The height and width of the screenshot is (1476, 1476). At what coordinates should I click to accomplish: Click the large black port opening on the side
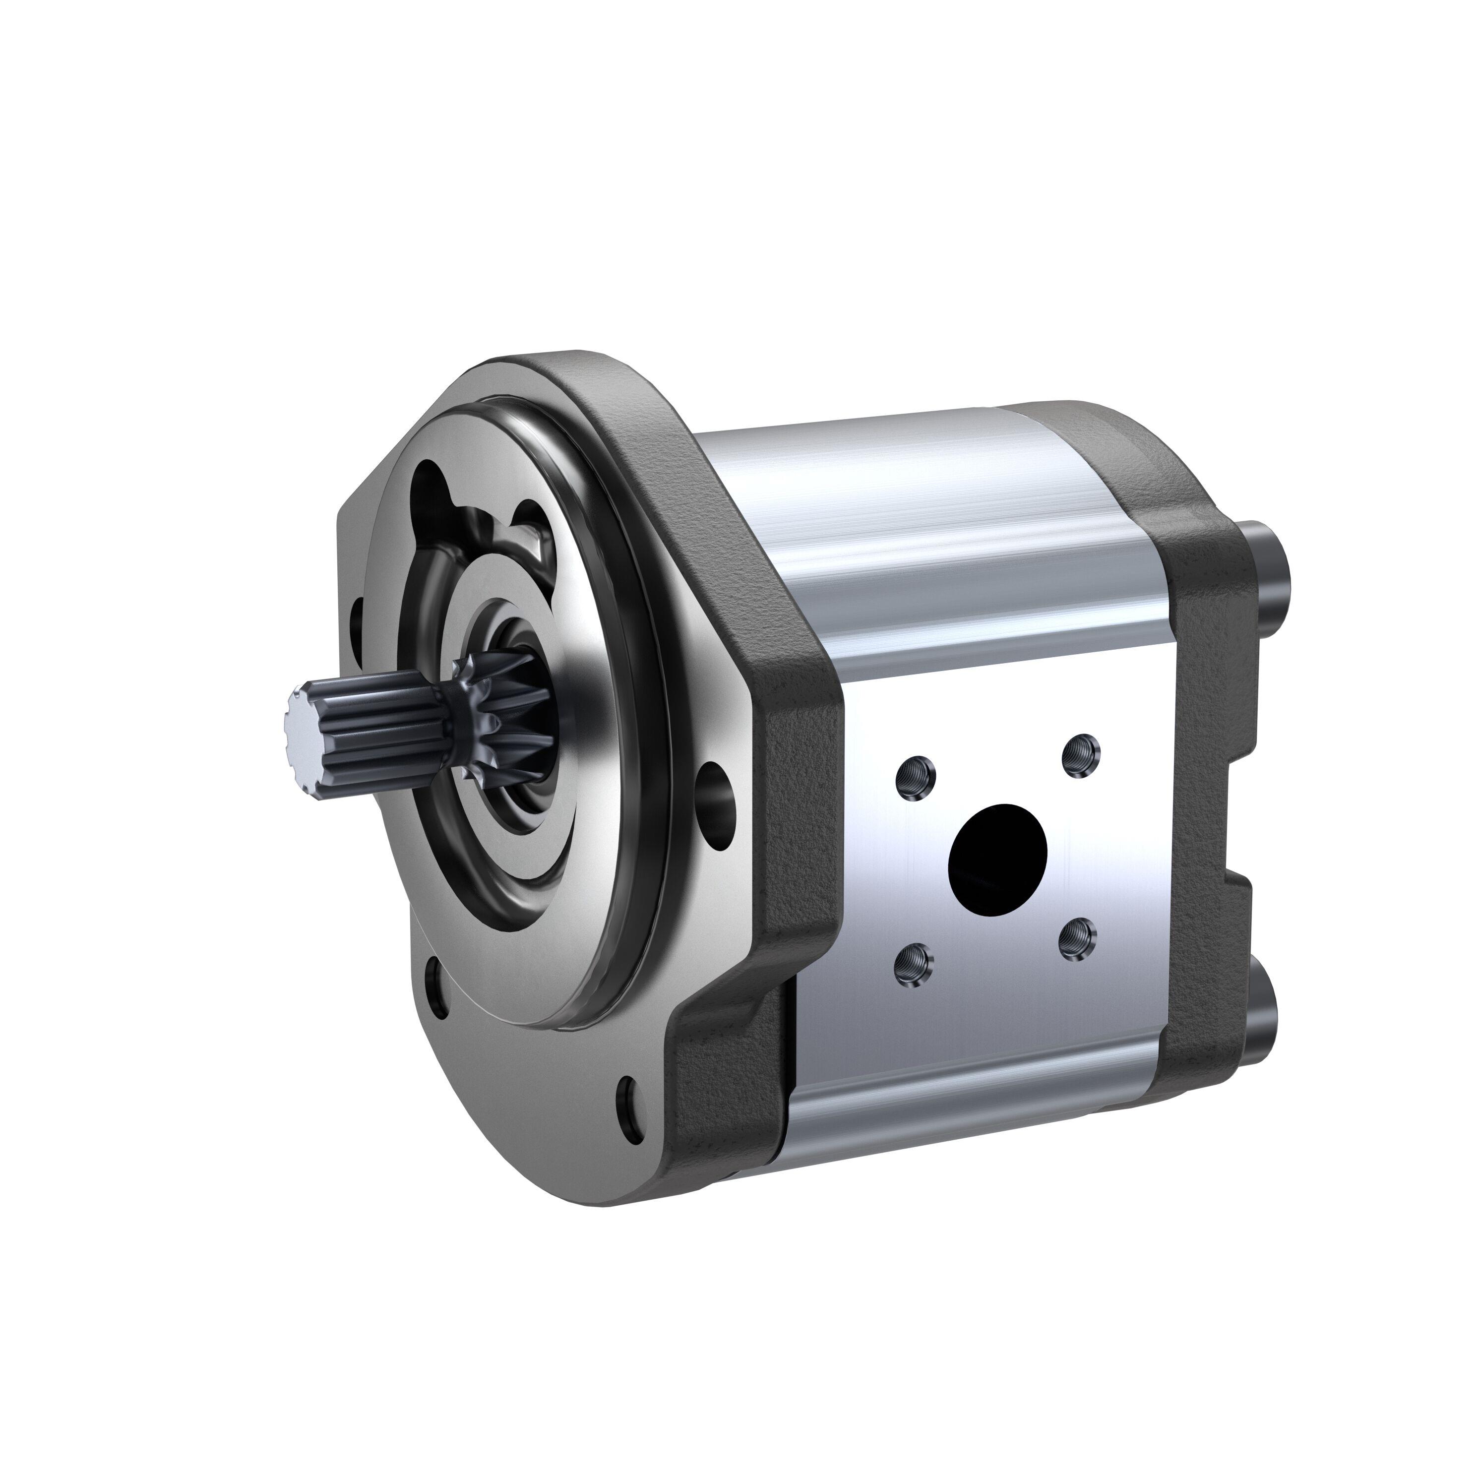[997, 855]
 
